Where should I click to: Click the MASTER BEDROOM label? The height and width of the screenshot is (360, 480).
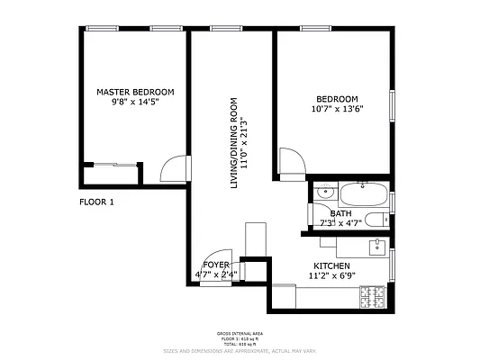click(135, 92)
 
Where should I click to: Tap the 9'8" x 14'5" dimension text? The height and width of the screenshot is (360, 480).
click(135, 103)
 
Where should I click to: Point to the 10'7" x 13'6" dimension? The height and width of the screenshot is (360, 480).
click(337, 110)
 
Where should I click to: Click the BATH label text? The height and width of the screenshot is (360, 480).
click(340, 213)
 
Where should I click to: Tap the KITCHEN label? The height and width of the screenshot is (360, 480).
click(332, 265)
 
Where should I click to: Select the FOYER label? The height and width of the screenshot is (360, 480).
click(216, 265)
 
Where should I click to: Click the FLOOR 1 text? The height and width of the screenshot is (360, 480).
click(96, 202)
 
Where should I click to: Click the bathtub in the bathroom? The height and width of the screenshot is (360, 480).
click(364, 193)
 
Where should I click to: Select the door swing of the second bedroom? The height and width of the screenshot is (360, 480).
click(292, 161)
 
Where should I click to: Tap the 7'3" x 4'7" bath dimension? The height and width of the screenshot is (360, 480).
click(340, 223)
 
